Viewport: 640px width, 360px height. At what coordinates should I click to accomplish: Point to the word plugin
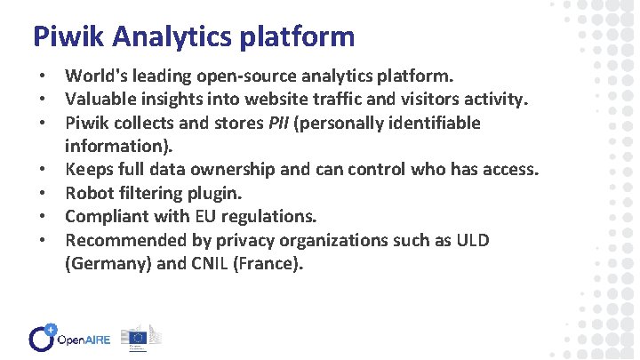[218, 193]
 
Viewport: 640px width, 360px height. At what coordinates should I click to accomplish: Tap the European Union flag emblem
[137, 337]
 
